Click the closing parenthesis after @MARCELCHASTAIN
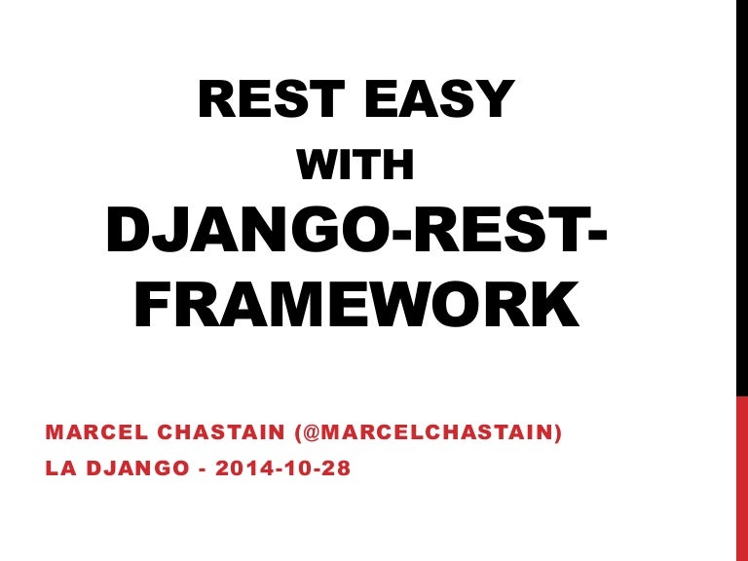pos(558,432)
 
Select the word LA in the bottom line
pos(57,468)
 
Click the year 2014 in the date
pos(241,468)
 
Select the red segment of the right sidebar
pos(741,477)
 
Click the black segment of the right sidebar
pos(741,195)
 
